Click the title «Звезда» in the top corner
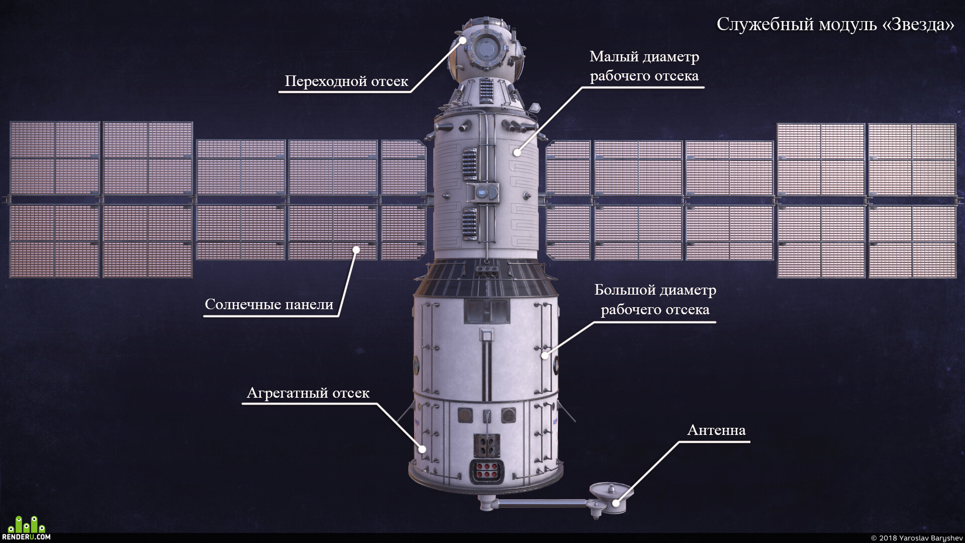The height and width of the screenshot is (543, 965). (918, 24)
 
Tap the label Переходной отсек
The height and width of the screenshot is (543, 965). (346, 81)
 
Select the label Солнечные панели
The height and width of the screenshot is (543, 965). (269, 304)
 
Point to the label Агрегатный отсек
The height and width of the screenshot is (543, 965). (308, 393)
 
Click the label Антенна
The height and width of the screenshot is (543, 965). (716, 430)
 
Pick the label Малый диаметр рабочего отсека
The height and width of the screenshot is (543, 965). (644, 66)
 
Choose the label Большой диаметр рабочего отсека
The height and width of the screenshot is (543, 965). (655, 299)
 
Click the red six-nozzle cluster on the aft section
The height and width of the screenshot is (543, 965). (487, 471)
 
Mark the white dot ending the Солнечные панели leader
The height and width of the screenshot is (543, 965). (356, 249)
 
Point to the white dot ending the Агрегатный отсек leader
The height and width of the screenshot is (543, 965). (423, 449)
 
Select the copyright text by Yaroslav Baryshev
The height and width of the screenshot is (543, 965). (917, 538)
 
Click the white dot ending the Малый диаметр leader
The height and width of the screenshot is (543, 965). (517, 152)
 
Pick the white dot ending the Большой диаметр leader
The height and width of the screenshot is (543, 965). (544, 355)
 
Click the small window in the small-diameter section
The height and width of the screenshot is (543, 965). (482, 192)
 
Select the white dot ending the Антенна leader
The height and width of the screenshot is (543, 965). (616, 503)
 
